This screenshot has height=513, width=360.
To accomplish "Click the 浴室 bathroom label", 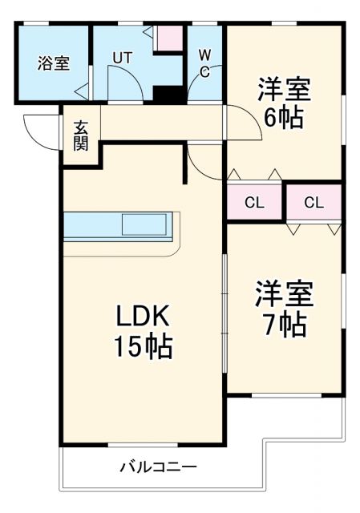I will (53, 64).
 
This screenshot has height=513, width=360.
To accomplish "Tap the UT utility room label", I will (122, 58).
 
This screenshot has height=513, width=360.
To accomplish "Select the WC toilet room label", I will (204, 63).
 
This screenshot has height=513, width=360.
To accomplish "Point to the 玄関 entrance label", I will (80, 135).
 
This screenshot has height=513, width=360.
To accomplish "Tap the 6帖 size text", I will (283, 118).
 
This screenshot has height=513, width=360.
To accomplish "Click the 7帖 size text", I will (283, 325).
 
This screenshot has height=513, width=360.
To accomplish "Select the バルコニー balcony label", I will (158, 467).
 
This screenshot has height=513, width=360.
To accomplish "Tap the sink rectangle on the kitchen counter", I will (144, 224).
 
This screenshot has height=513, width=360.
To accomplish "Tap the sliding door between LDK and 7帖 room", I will (224, 321).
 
